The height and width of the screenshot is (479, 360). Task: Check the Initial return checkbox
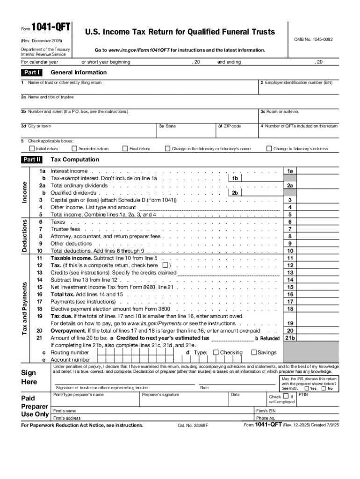coord(31,149)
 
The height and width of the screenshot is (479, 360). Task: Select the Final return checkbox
coord(125,149)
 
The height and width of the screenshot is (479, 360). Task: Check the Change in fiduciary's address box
coord(269,149)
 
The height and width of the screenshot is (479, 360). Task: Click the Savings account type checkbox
coord(254,352)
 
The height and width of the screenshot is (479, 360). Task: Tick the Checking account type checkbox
coord(216,352)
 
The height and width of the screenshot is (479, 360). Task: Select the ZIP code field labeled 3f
coord(236,132)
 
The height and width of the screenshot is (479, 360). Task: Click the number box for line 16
coord(290,294)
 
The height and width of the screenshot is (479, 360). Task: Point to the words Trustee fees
coord(65,229)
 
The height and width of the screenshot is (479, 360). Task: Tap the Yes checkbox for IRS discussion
coord(306,388)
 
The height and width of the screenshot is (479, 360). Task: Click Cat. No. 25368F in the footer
coord(193,426)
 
